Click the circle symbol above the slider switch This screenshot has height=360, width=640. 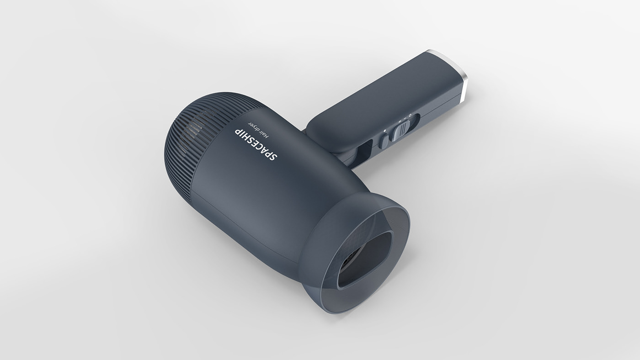click(410, 116)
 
